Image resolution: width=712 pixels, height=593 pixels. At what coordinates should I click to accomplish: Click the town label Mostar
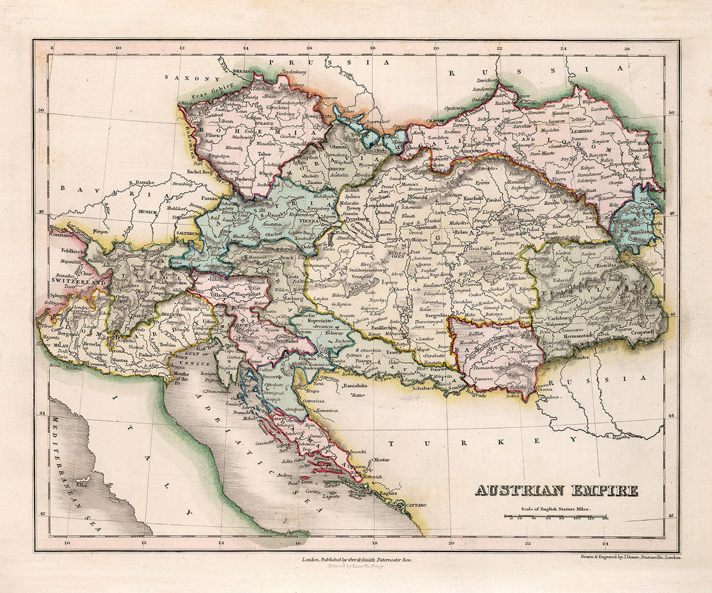(382, 459)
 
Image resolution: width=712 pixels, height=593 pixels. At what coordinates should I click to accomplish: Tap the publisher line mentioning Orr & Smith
(357, 560)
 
